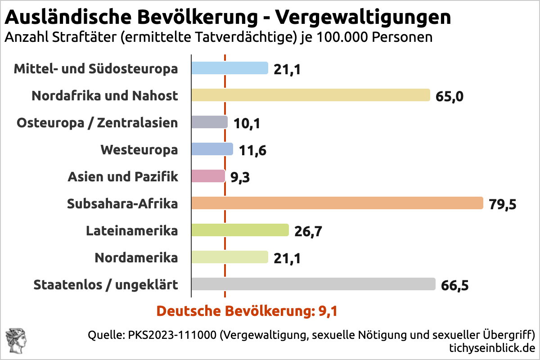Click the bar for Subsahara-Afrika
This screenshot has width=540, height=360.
tap(337, 203)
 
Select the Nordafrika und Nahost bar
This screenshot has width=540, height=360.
tap(310, 95)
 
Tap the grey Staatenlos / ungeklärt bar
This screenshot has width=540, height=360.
tap(313, 284)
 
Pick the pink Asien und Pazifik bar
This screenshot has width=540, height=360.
tap(208, 176)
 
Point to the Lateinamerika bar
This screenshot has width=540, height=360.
tap(240, 230)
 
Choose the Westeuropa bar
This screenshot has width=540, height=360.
tap(212, 149)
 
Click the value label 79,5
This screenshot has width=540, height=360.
tap(502, 204)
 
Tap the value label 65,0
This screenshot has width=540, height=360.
tap(449, 96)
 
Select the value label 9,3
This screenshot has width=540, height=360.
tap(240, 177)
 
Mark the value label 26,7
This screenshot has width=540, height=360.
tap(308, 231)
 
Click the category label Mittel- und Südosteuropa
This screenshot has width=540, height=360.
tap(95, 69)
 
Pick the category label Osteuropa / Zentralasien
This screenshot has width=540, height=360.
tap(97, 123)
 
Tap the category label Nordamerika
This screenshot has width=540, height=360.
tap(136, 258)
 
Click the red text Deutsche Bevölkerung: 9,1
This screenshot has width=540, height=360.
tap(247, 311)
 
